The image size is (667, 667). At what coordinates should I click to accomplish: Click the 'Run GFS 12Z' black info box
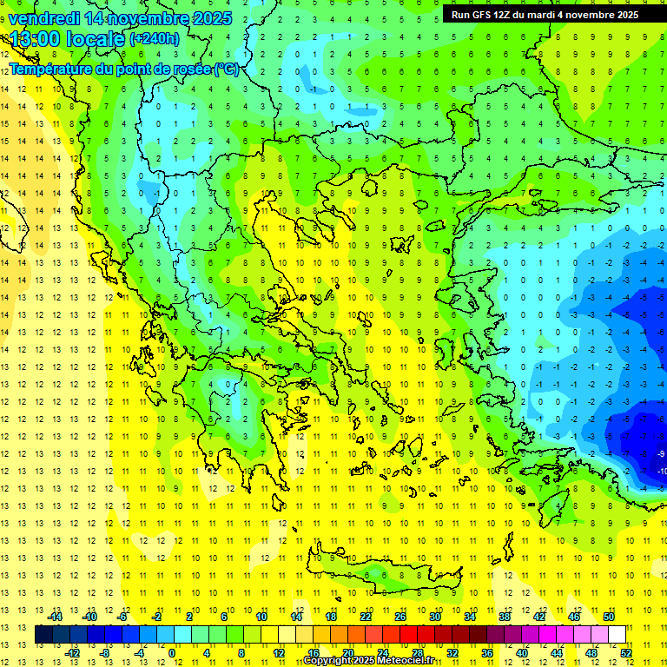tap(545, 15)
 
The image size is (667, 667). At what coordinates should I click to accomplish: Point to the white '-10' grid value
tap(662, 471)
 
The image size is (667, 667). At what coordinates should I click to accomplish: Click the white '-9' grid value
tap(662, 453)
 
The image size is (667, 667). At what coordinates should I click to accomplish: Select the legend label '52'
tap(625, 653)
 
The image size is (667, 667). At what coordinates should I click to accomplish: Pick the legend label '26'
tap(400, 617)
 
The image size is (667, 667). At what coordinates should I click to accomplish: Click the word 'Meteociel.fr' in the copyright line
tap(405, 661)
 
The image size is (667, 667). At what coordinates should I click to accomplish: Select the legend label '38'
tap(504, 617)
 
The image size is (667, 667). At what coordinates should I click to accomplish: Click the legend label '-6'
tap(122, 617)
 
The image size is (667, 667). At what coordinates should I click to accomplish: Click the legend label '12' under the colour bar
tap(278, 653)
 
